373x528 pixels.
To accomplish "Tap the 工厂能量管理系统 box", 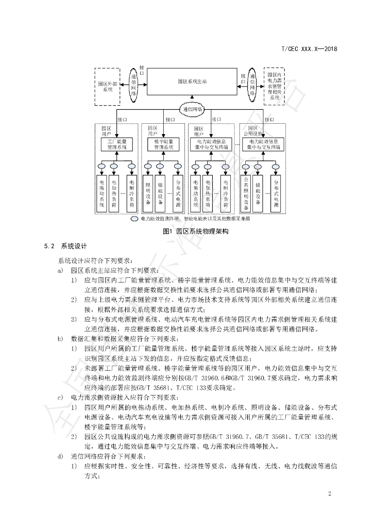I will (116, 144).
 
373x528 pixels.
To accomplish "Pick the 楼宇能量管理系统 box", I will (164, 144).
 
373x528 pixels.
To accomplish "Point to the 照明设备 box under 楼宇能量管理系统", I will (147, 193).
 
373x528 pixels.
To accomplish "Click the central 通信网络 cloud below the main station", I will (193, 109).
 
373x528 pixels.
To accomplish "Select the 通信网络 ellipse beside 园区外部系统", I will (133, 85).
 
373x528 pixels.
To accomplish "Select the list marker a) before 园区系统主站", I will (61, 270).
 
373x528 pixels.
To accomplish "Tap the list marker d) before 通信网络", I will (61, 456).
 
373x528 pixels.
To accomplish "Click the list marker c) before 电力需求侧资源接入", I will (61, 397).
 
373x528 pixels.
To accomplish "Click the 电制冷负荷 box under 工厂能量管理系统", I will (132, 193).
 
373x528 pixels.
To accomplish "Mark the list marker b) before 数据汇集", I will (61, 338).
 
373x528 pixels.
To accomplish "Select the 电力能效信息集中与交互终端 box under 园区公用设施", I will (263, 144).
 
